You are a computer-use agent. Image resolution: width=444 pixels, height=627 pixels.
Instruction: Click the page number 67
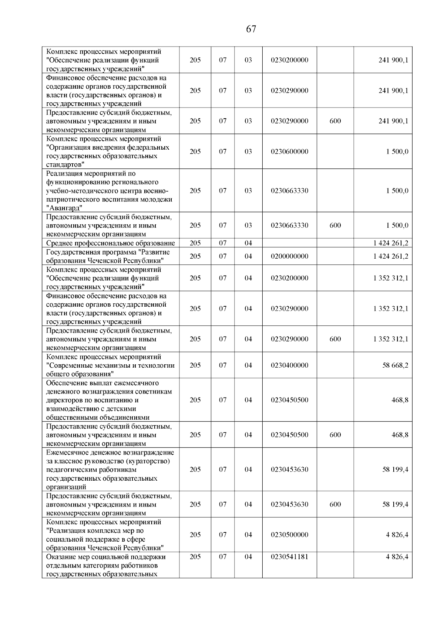coord(251,29)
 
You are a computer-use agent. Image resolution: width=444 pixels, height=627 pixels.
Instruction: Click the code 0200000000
coord(289,256)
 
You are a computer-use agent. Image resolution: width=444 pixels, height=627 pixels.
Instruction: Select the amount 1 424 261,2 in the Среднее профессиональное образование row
coord(391,243)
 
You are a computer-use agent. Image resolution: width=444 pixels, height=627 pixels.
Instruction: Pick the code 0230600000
coord(289,151)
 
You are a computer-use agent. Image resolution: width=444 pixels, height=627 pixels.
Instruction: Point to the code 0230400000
coord(289,365)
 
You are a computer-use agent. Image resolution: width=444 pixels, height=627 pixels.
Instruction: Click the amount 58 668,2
coord(395,365)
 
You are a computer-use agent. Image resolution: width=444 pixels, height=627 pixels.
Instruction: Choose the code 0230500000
coord(289,535)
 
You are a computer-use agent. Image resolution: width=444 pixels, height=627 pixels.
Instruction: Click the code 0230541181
coord(289,557)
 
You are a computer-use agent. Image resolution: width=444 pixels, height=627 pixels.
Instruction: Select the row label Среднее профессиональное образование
coord(110,243)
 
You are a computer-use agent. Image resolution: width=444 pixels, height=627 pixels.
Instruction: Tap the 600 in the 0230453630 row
coord(335,504)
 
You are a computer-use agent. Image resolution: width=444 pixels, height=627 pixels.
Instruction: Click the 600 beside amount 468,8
coord(335,435)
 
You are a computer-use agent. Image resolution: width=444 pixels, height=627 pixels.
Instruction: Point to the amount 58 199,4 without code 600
coord(395,470)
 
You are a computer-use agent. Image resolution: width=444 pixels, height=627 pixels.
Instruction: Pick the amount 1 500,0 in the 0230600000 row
coord(397,151)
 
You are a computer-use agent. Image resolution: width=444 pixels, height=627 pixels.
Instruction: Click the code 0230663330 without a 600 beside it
coord(289,191)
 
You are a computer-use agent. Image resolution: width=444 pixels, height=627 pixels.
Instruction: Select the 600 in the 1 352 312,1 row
coord(335,339)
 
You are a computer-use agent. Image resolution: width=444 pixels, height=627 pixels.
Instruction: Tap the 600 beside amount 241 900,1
coord(335,121)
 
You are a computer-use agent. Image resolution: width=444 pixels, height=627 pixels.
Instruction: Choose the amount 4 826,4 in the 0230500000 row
coord(397,535)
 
